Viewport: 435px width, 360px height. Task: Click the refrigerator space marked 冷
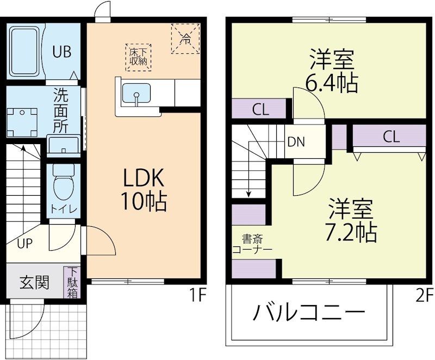[186, 38]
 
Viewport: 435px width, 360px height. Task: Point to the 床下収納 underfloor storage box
[139, 57]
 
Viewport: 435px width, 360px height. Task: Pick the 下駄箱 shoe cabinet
[72, 282]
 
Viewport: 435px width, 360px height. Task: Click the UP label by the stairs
[24, 243]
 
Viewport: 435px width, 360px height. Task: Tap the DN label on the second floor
[296, 142]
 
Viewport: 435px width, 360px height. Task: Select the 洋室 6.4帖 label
[332, 71]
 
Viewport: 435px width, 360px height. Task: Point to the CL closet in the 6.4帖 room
[260, 109]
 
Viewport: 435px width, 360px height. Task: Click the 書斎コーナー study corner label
[252, 244]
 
